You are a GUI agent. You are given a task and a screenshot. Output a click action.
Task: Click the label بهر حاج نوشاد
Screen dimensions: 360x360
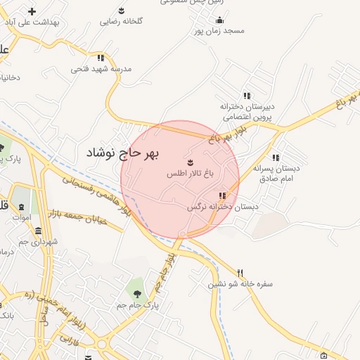pyautogui.click(x=123, y=152)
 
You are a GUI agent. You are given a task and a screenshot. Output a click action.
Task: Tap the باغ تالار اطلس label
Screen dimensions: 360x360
pyautogui.click(x=189, y=173)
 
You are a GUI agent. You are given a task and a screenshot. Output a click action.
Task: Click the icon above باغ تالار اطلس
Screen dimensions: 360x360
pyautogui.click(x=190, y=162)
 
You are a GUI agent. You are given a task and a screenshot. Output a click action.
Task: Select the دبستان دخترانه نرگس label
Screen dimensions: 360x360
pyautogui.click(x=222, y=207)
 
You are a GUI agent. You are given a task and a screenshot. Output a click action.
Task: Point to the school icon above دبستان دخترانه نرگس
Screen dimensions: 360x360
pyautogui.click(x=223, y=195)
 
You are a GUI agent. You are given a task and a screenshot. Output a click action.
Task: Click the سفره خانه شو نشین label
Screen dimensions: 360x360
pyautogui.click(x=240, y=285)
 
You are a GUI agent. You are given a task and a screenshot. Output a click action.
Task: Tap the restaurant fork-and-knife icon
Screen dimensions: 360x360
pyautogui.click(x=240, y=273)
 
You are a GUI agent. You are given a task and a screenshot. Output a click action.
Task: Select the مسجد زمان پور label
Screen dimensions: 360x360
pyautogui.click(x=219, y=32)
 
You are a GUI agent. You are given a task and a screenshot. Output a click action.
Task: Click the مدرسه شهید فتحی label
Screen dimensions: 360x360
pyautogui.click(x=101, y=70)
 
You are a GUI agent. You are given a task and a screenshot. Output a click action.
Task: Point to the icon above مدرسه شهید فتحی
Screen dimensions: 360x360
pyautogui.click(x=101, y=58)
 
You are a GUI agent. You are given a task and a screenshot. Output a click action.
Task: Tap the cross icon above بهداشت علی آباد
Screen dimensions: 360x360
pyautogui.click(x=32, y=11)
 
